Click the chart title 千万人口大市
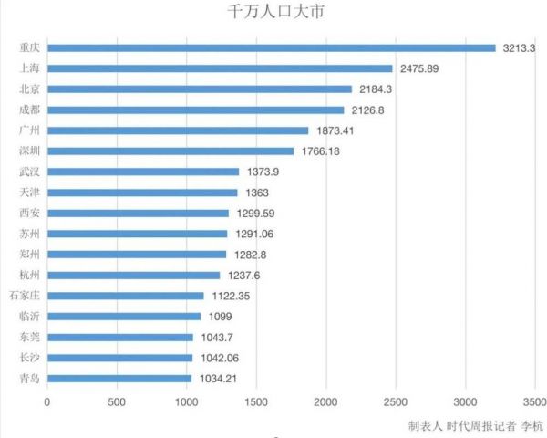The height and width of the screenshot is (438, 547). point(273,13)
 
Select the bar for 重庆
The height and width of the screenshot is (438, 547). point(271,47)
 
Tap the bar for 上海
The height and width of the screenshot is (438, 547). point(220,68)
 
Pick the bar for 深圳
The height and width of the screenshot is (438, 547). point(170,151)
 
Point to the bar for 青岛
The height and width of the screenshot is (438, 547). point(119,378)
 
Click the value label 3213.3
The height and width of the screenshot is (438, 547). point(521,48)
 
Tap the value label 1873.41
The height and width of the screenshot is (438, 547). point(336,130)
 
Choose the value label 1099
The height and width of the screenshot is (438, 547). point(220,317)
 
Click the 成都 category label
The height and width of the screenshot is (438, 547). point(28,109)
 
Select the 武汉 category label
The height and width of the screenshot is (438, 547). point(28,172)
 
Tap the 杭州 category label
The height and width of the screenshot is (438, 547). point(28,275)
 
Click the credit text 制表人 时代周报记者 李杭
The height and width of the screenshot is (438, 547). point(475,425)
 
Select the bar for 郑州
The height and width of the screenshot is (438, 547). point(137,254)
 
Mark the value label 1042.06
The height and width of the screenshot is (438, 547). point(219,358)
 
